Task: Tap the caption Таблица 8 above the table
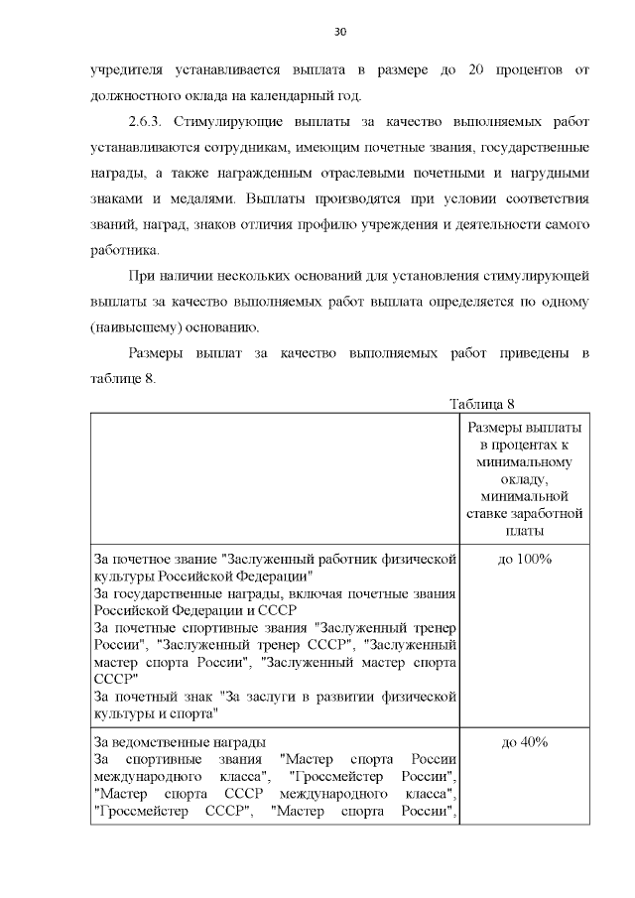[483, 404]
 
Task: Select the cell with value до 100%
[525, 560]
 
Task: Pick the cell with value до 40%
[525, 742]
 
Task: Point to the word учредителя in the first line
[128, 69]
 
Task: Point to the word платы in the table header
[525, 531]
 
